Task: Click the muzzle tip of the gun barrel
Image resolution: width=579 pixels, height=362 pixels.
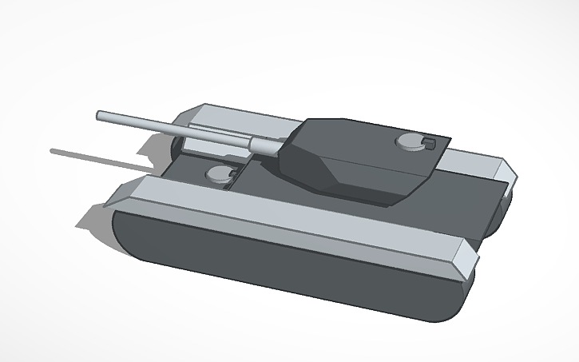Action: [99, 116]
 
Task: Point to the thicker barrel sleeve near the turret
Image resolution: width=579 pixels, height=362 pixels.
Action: [264, 144]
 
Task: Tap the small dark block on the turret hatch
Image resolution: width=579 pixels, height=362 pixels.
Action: [428, 144]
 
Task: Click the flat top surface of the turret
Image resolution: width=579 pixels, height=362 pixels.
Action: [359, 136]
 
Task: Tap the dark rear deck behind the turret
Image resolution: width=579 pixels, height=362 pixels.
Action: [463, 200]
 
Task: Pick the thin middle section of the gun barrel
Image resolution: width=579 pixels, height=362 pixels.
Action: [176, 128]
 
